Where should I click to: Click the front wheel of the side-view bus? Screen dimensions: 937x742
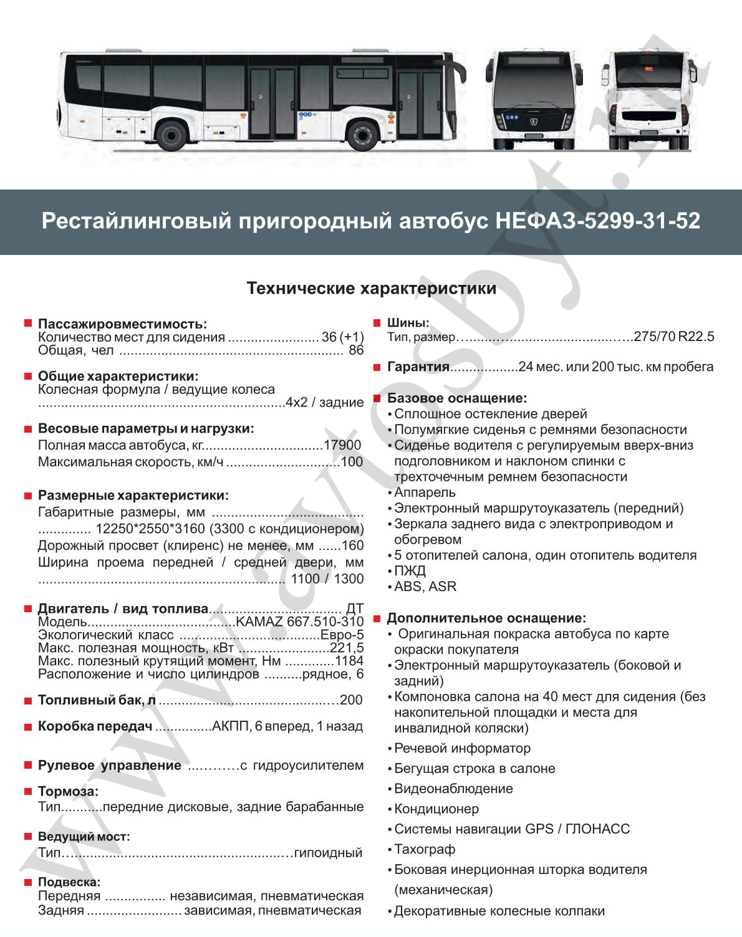click(x=361, y=136)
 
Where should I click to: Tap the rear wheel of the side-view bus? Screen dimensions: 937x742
click(x=172, y=136)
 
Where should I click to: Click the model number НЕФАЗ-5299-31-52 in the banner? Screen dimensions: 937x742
click(x=597, y=221)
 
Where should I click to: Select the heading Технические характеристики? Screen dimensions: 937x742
click(x=372, y=288)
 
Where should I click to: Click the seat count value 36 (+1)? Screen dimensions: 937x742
click(x=342, y=337)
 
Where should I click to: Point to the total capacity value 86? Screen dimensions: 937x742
click(x=356, y=350)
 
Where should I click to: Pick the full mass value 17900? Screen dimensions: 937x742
click(x=342, y=445)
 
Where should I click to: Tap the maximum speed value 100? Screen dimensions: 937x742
click(x=352, y=462)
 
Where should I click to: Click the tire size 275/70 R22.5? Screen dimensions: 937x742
click(x=673, y=337)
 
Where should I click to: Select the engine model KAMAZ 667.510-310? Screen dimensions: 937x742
click(x=299, y=622)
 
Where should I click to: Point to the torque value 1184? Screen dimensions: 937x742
click(x=349, y=661)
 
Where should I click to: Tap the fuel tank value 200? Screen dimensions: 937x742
click(x=351, y=700)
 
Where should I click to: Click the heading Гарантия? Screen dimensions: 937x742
click(x=418, y=367)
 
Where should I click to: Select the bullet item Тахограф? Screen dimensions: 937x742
click(x=425, y=849)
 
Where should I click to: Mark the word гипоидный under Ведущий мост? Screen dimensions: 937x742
click(x=328, y=852)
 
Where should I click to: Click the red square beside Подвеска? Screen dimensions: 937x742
click(x=28, y=882)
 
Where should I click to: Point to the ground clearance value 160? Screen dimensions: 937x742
click(x=352, y=545)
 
